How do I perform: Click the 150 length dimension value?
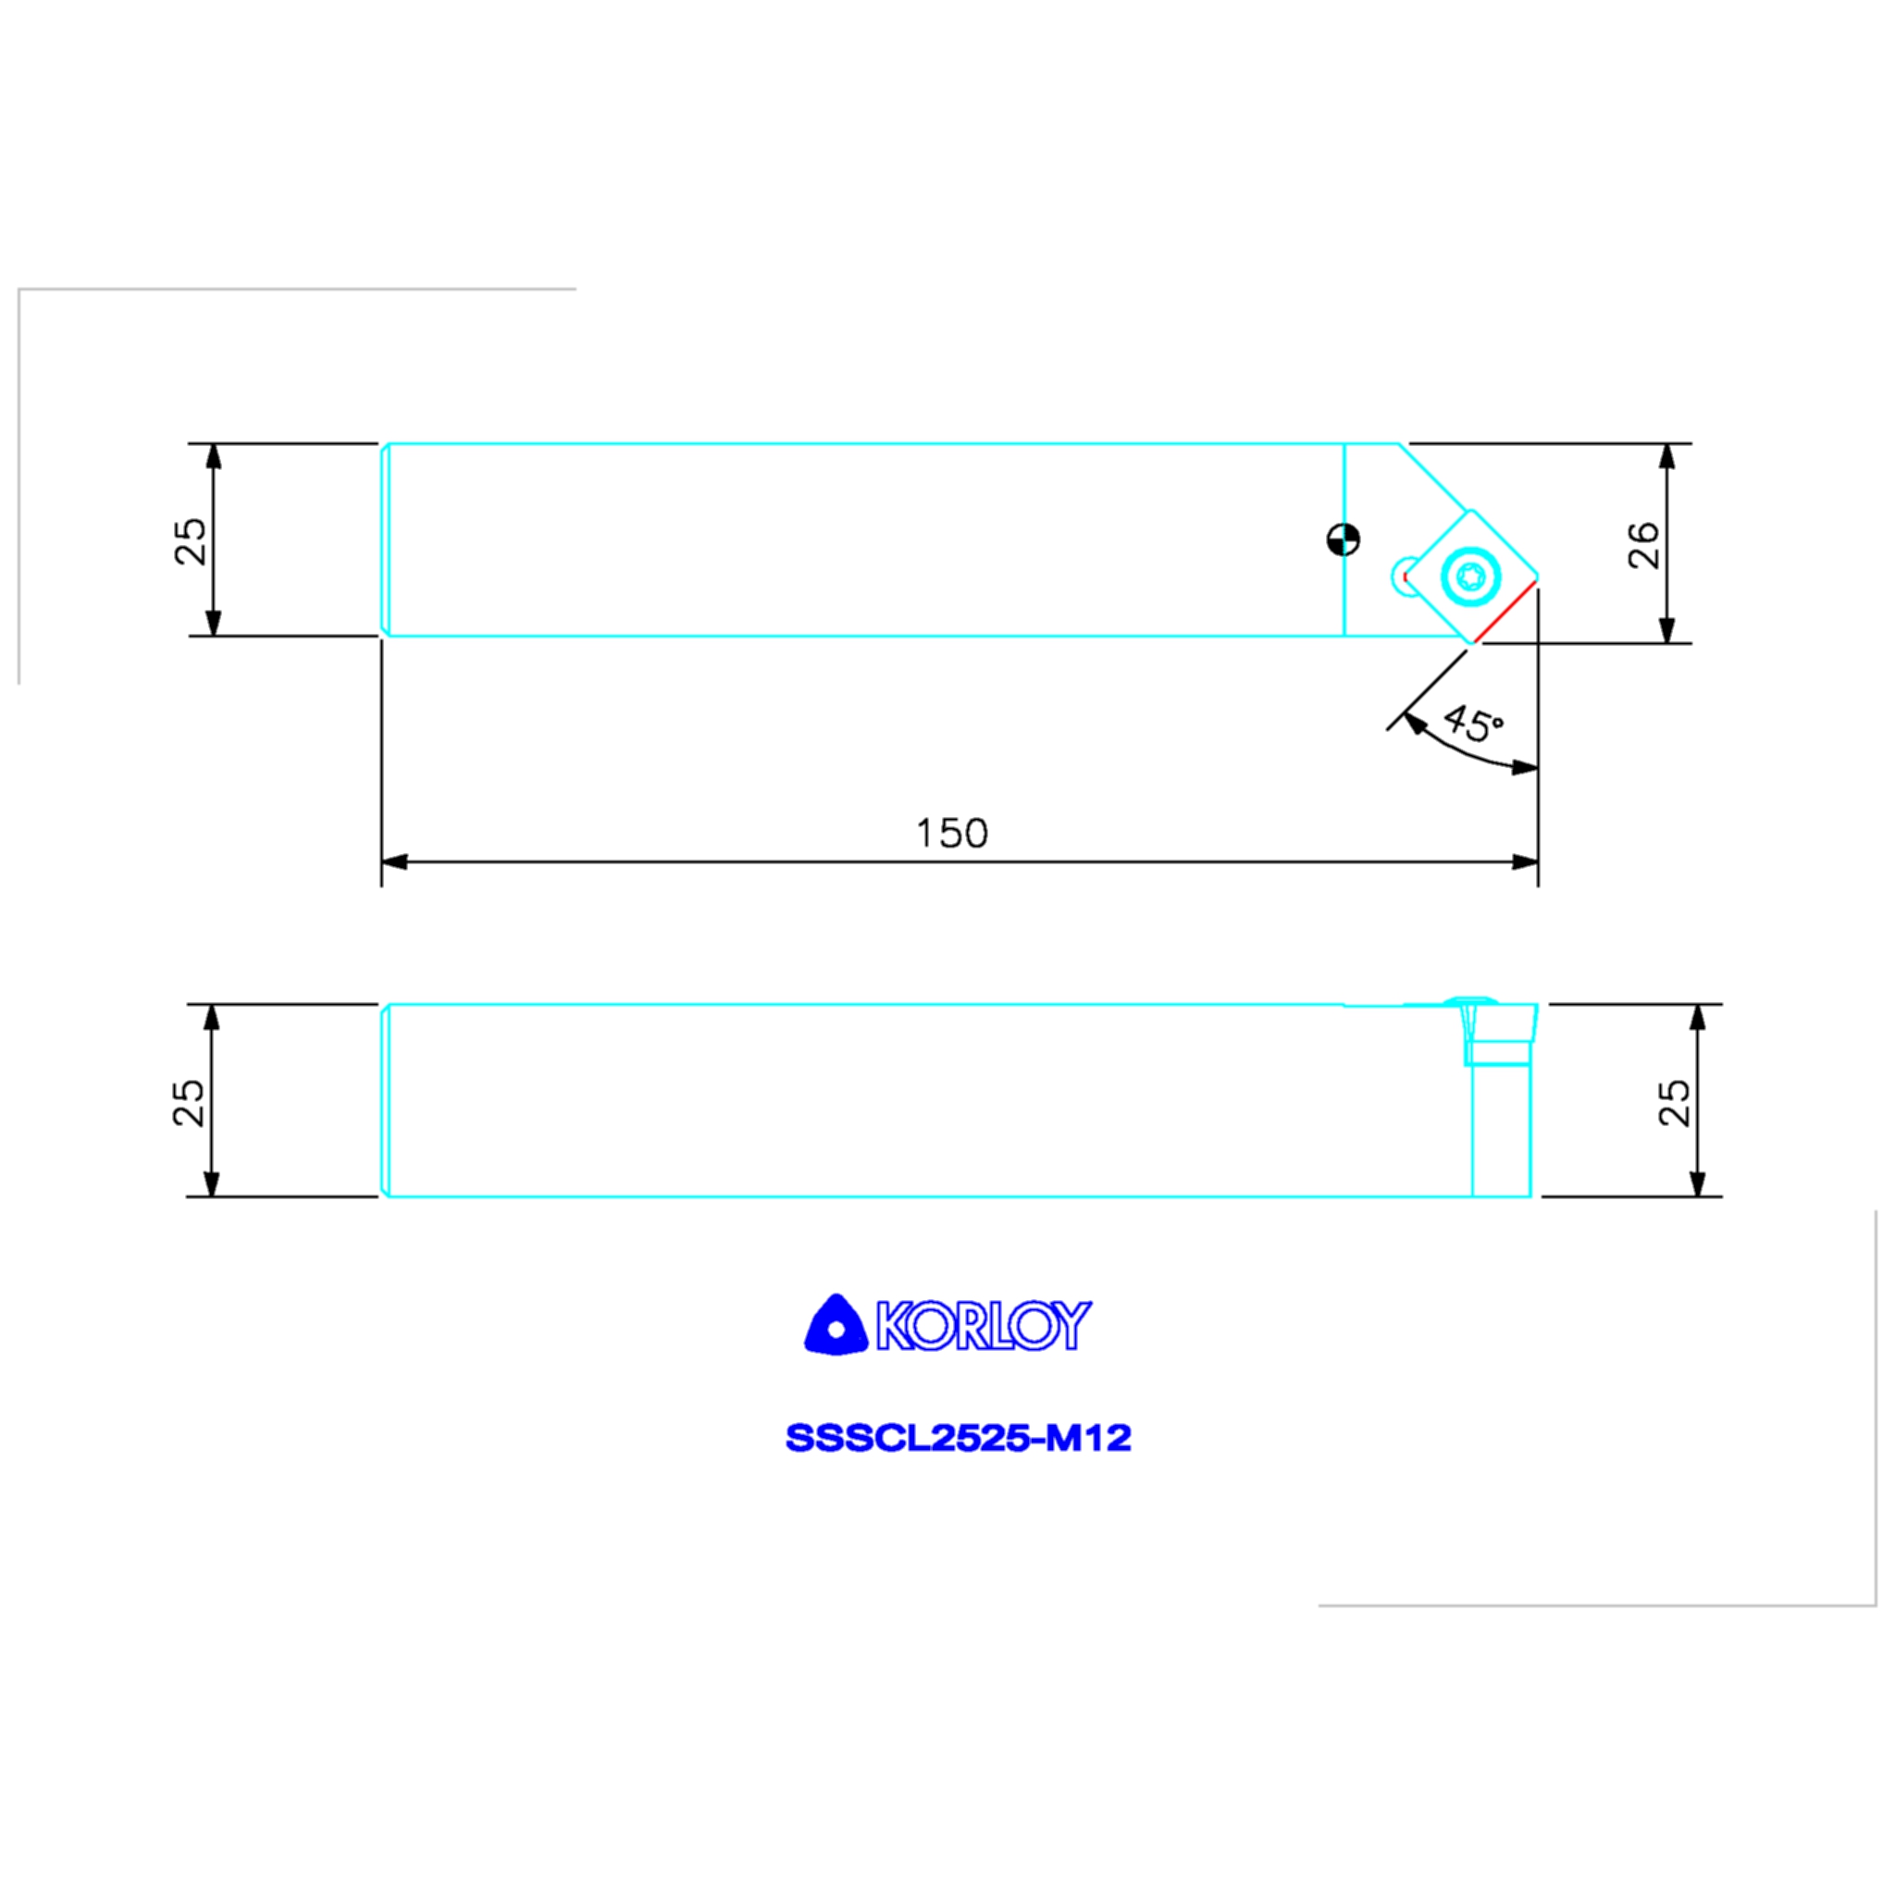tap(951, 834)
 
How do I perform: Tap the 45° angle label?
tap(1472, 724)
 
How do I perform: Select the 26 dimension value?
tap(1644, 545)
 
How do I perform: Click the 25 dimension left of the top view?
tap(191, 541)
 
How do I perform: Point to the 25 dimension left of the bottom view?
tap(189, 1102)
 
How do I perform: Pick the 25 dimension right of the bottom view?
tap(1674, 1102)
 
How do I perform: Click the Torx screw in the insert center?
tap(1470, 576)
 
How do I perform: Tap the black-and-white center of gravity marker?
tap(1343, 539)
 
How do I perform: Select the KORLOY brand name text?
tap(984, 1325)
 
